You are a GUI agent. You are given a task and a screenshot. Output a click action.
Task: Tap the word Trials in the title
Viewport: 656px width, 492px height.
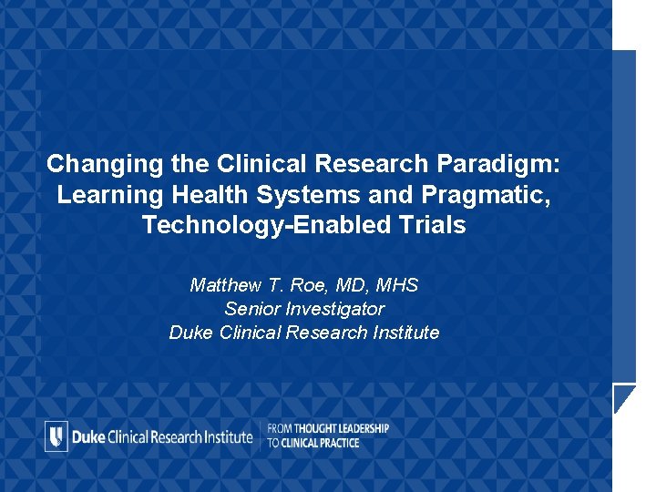click(434, 225)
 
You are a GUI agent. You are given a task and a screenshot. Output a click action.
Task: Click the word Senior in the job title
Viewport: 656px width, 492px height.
click(250, 309)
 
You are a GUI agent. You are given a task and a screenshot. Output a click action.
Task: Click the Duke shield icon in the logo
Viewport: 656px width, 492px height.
click(56, 436)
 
